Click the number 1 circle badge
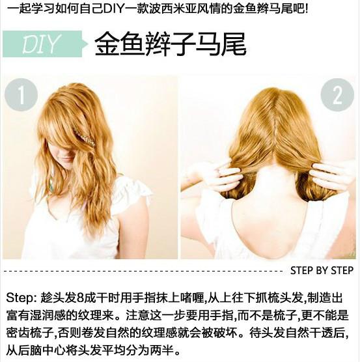pyautogui.click(x=21, y=95)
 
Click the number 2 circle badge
pyautogui.click(x=337, y=95)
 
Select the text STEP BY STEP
pyautogui.click(x=322, y=270)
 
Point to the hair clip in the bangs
pyautogui.click(x=83, y=137)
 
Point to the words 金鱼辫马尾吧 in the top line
pyautogui.click(x=276, y=8)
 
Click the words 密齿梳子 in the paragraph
pyautogui.click(x=29, y=333)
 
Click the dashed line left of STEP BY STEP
pyautogui.click(x=143, y=270)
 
